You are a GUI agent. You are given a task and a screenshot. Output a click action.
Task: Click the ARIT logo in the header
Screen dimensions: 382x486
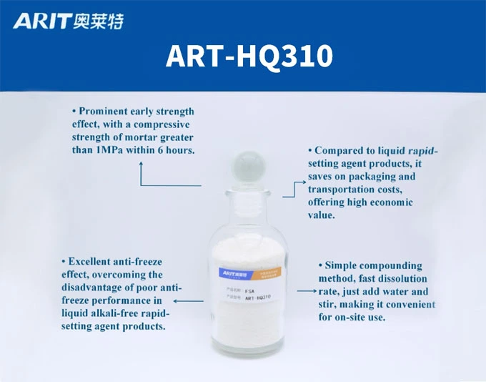[41, 21]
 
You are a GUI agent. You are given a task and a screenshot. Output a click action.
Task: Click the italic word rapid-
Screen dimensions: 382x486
[422, 151]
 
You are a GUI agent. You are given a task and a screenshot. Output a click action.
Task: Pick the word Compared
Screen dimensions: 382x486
[339, 151]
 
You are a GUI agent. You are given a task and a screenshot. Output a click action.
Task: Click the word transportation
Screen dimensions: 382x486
[341, 190]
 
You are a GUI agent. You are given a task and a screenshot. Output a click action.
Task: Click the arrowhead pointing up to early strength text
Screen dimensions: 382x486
[141, 165]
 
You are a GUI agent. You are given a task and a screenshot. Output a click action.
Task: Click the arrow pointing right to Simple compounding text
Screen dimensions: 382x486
[313, 292]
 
